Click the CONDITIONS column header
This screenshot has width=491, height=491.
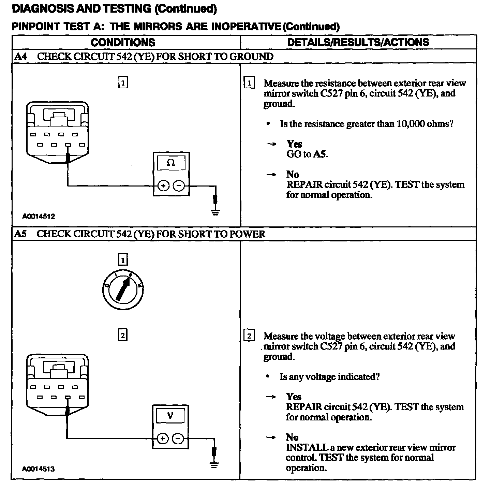coord(123,42)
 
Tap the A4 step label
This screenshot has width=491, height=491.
coord(21,56)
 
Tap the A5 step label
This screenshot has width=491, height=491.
coord(21,234)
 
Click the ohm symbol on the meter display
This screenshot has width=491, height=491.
coord(171,163)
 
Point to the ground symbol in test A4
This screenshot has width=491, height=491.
coord(215,212)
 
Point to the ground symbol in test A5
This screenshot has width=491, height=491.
coord(214,464)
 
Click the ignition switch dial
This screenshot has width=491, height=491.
coord(123,289)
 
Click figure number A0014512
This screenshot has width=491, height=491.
coord(39,216)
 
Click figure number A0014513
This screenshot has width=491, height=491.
coord(38,469)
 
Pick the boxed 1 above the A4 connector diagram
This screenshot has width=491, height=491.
coord(123,83)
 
